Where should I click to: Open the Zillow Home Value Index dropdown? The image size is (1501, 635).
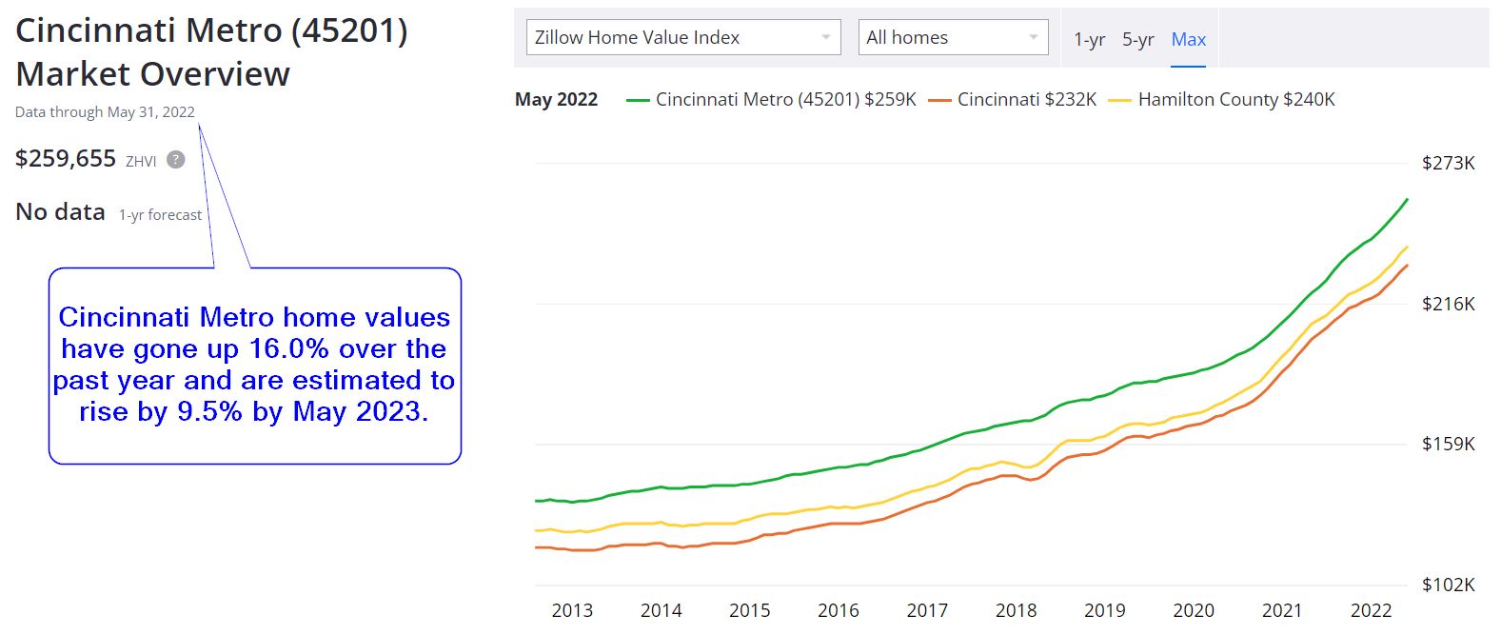(x=682, y=38)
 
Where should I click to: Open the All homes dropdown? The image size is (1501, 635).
(x=952, y=38)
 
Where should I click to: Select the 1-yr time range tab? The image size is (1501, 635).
(x=1089, y=40)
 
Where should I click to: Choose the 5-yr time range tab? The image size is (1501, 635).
(x=1137, y=40)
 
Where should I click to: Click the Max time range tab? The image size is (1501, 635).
(x=1188, y=40)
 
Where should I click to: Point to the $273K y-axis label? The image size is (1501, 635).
(x=1448, y=164)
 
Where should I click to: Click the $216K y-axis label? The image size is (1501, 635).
(x=1448, y=305)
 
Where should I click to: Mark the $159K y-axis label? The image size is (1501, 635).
(x=1448, y=445)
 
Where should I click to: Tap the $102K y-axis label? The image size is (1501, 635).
(x=1448, y=585)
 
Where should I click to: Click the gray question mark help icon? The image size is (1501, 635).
(x=176, y=160)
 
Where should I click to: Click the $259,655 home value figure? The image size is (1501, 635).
(x=66, y=159)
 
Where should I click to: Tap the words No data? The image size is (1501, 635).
(x=60, y=212)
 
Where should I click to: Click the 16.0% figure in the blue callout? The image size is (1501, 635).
(x=288, y=349)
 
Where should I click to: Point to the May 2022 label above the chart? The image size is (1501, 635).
(x=556, y=100)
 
